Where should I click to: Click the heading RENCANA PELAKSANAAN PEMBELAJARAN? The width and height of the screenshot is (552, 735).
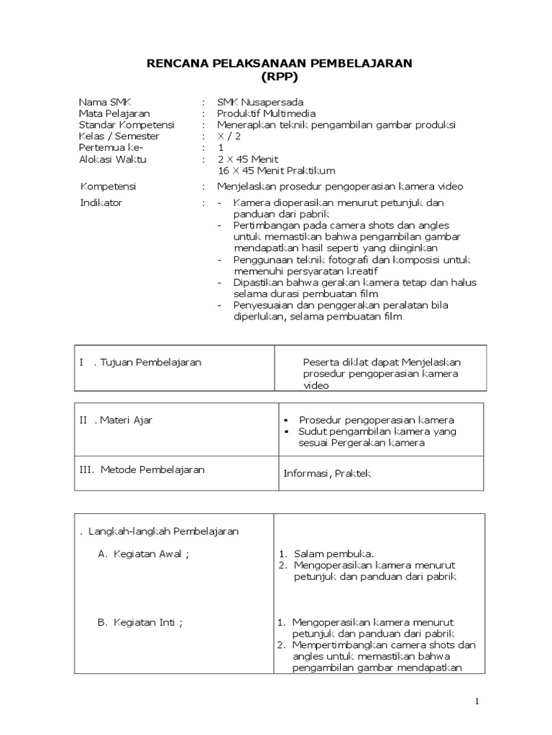pyautogui.click(x=280, y=64)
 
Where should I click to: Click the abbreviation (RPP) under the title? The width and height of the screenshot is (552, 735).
pyautogui.click(x=280, y=77)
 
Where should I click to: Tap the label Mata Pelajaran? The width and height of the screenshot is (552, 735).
pyautogui.click(x=114, y=113)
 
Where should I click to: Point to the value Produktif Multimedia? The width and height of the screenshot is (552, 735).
pyautogui.click(x=266, y=113)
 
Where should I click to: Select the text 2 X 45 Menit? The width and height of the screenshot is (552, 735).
pyautogui.click(x=248, y=159)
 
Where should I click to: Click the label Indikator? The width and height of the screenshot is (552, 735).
pyautogui.click(x=101, y=202)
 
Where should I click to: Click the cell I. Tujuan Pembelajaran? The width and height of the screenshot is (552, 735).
pyautogui.click(x=140, y=362)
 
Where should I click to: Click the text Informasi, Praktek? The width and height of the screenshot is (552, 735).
pyautogui.click(x=328, y=474)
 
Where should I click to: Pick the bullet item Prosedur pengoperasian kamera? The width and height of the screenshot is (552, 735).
pyautogui.click(x=376, y=420)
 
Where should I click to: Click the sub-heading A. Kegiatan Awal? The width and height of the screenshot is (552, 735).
pyautogui.click(x=144, y=554)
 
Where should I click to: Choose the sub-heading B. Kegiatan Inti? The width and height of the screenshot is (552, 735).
pyautogui.click(x=140, y=622)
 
